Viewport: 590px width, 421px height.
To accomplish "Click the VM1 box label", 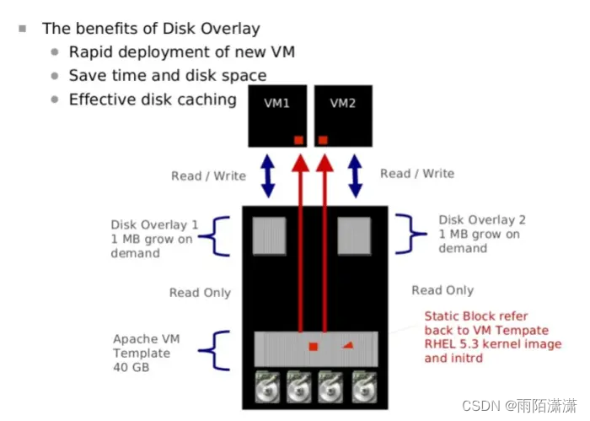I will coord(277,104).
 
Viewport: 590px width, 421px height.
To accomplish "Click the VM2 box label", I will coord(343,104).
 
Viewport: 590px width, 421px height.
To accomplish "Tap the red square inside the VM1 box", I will coord(298,139).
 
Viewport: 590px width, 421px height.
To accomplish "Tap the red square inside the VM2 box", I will coord(323,139).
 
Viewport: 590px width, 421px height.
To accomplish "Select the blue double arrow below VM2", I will coord(355,175).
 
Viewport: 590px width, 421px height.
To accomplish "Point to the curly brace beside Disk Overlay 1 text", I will coord(222,236).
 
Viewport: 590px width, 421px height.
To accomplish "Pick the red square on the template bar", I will coord(313,347).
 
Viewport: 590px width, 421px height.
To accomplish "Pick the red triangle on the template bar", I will coord(348,345).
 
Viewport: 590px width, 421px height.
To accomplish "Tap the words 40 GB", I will coord(129,368).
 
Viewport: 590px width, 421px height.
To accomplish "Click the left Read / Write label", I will coord(208,175).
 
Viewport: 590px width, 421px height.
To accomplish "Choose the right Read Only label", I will coord(442,290).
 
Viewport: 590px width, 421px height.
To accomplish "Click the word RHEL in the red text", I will coord(442,343).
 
